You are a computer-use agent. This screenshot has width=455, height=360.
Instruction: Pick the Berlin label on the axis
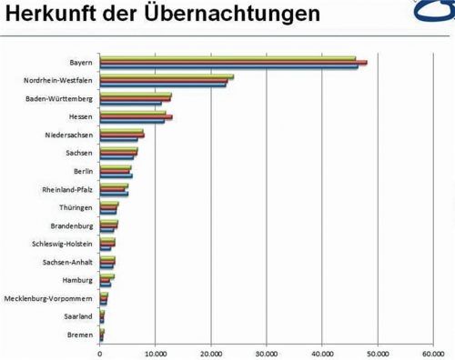pyautogui.click(x=82, y=171)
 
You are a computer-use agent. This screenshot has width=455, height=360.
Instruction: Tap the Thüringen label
pyautogui.click(x=74, y=207)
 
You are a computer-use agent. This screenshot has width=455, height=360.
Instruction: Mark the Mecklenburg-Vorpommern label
pyautogui.click(x=47, y=298)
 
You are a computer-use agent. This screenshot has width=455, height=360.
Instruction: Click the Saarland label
pyautogui.click(x=76, y=316)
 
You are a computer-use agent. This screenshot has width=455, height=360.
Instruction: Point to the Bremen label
pyautogui.click(x=79, y=335)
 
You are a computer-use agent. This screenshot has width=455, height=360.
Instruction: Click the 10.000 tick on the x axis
pyautogui.click(x=156, y=354)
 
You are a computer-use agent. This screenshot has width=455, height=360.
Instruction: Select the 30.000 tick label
pyautogui.click(x=267, y=354)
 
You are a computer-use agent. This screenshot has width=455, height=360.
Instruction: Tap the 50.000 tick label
pyautogui.click(x=378, y=354)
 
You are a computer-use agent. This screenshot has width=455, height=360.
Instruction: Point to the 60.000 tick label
pyautogui.click(x=432, y=354)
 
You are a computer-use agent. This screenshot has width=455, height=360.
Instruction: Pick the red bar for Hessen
pyautogui.click(x=136, y=117)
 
